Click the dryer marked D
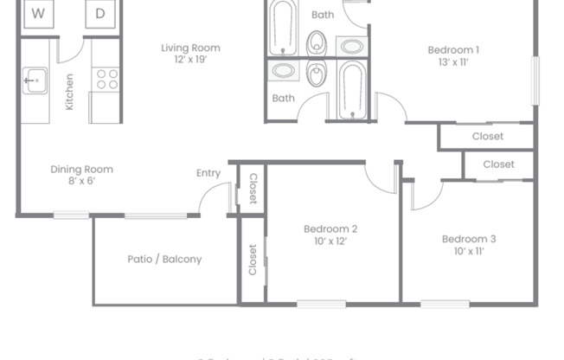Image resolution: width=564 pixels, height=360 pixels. click(x=100, y=14)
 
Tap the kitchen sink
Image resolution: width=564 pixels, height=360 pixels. click(x=34, y=82)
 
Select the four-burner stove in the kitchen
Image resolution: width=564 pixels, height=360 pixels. click(x=106, y=80)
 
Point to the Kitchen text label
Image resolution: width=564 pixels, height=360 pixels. click(x=69, y=92)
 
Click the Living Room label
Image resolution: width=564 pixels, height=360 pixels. click(x=190, y=48)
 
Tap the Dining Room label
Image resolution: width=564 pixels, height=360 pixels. click(x=81, y=170)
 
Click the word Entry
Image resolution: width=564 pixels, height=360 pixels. click(x=208, y=173)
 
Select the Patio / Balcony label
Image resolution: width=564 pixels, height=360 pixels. click(x=164, y=259)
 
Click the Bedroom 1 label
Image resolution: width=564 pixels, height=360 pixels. click(x=453, y=49)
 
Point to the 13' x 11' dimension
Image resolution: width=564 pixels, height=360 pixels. click(x=453, y=63)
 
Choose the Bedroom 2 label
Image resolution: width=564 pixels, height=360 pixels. click(x=330, y=228)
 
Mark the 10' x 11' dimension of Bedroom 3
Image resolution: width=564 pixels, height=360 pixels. click(x=468, y=252)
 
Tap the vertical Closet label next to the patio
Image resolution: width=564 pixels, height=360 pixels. click(x=253, y=259)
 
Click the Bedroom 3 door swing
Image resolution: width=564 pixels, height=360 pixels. click(x=426, y=196)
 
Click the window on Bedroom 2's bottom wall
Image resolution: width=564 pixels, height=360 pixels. click(x=321, y=304)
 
